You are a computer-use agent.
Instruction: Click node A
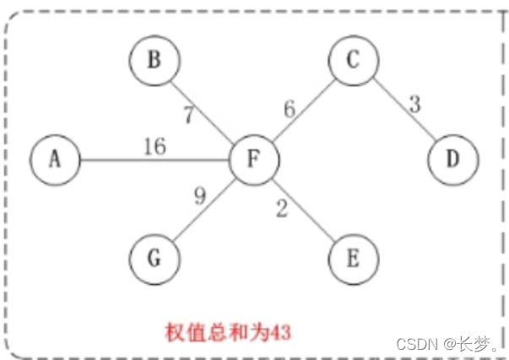(x=55, y=159)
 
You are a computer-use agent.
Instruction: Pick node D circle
(x=453, y=159)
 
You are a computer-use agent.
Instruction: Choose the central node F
(x=255, y=159)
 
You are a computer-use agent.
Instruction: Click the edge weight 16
(x=155, y=147)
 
